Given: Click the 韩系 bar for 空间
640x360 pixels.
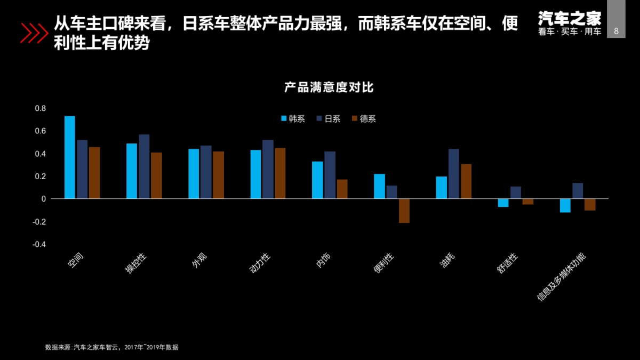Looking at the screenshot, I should click(x=69, y=157).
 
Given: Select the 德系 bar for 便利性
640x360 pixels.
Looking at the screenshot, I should click(x=404, y=211).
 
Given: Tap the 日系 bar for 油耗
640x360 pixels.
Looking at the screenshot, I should click(x=453, y=174).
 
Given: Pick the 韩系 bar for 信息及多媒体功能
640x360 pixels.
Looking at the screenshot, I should click(x=565, y=205).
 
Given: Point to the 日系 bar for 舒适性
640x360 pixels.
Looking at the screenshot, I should click(x=515, y=193).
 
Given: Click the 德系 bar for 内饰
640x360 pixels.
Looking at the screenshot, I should click(x=342, y=189).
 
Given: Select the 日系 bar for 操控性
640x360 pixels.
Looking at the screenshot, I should click(x=144, y=166).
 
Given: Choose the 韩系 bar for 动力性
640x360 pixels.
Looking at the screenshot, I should click(x=255, y=174).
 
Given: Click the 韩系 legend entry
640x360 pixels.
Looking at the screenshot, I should click(x=293, y=119).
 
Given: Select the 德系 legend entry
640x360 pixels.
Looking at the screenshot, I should click(x=364, y=119).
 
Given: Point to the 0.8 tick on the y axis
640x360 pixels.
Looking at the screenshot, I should click(x=41, y=108).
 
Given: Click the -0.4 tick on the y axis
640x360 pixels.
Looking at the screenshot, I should click(x=39, y=244).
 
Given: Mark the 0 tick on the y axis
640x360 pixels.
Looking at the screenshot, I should click(x=44, y=199).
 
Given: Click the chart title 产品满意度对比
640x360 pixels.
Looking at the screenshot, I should click(x=329, y=87).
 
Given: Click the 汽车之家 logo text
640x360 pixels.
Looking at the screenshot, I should click(x=569, y=19).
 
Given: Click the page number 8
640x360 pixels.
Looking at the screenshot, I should click(x=617, y=31).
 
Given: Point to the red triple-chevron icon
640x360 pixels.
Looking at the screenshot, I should click(x=34, y=33).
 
